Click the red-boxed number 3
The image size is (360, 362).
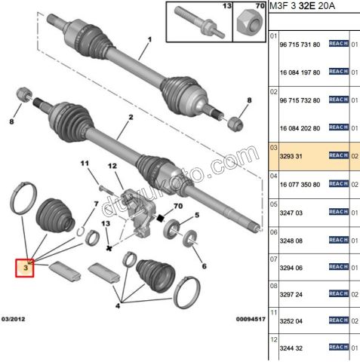click(x=26, y=267)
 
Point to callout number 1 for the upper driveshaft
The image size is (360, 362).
click(x=149, y=40)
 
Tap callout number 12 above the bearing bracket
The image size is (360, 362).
click(x=112, y=166)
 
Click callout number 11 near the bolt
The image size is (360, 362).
click(x=85, y=162)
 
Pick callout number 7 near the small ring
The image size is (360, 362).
click(x=95, y=204)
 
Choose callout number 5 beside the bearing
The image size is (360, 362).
click(x=196, y=216)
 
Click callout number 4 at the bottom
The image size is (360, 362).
click(x=116, y=307)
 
